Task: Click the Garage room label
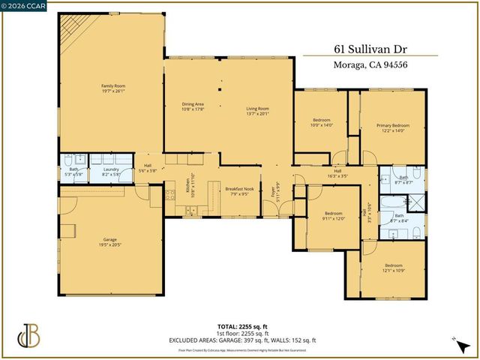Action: [x=110, y=242]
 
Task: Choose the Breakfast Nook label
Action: [x=240, y=191]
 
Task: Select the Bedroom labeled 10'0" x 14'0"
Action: [x=321, y=123]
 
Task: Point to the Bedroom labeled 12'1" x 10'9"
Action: [x=393, y=268]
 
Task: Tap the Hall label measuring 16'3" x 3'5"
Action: [x=337, y=173]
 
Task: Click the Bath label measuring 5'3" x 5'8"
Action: [x=73, y=172]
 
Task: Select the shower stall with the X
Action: [x=412, y=202]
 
